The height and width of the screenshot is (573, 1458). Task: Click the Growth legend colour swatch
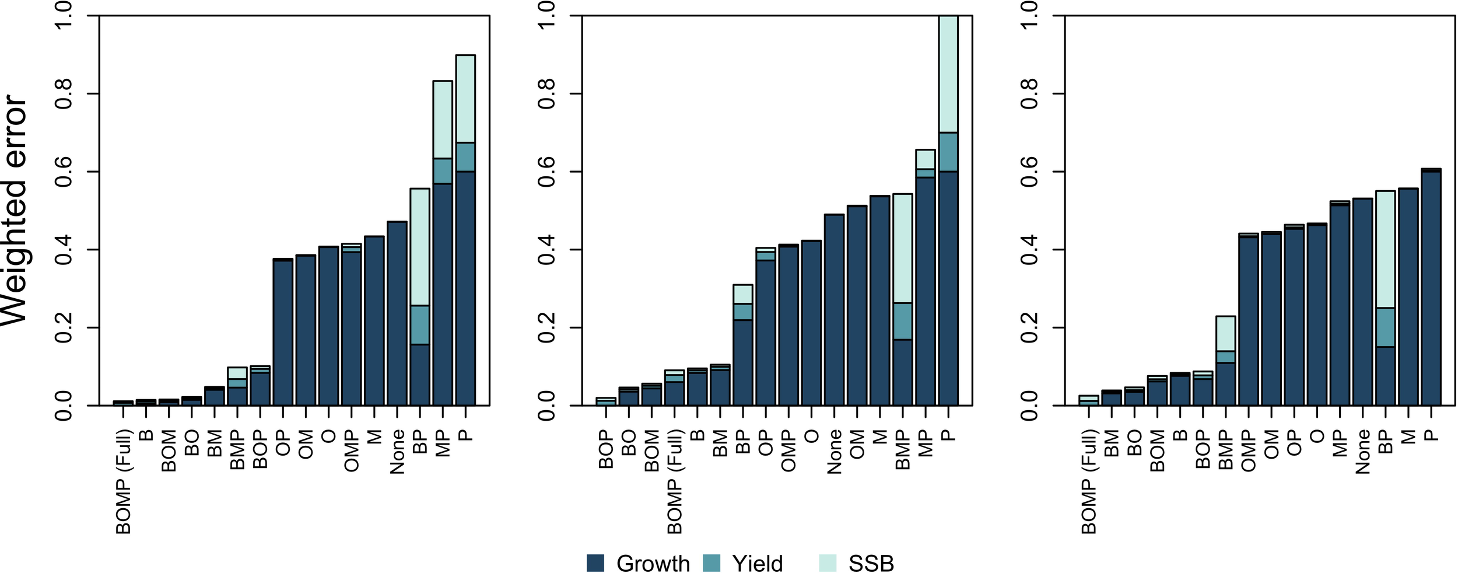tap(595, 563)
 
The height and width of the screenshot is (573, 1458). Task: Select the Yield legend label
tap(757, 564)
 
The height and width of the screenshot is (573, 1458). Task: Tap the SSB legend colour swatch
tap(827, 563)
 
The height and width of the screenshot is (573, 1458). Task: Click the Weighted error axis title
tap(15, 210)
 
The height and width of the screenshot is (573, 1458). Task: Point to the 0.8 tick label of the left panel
tap(63, 94)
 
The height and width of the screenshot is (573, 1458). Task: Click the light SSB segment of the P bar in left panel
tap(465, 99)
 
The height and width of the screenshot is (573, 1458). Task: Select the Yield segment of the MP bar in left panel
tap(443, 171)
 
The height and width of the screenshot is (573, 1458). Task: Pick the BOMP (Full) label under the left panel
tap(124, 481)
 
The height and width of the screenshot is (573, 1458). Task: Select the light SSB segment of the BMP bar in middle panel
tap(903, 248)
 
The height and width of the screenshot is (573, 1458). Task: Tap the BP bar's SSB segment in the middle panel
tap(743, 294)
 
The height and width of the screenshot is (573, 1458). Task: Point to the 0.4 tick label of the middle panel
tap(546, 250)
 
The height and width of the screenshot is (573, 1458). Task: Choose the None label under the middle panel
tap(834, 452)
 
